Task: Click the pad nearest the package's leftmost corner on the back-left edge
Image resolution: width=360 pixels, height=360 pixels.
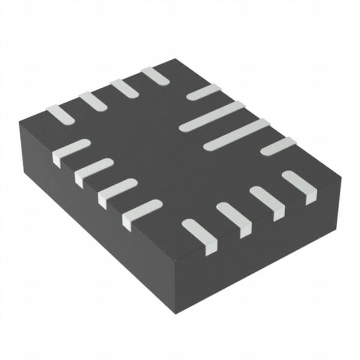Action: (x=60, y=114)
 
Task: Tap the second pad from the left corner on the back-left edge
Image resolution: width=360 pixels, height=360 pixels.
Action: (x=92, y=101)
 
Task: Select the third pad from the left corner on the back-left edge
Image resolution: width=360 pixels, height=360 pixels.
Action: (x=124, y=88)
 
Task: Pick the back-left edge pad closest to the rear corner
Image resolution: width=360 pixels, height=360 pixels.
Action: (x=155, y=75)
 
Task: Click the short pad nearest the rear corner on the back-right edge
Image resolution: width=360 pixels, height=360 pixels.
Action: (x=203, y=92)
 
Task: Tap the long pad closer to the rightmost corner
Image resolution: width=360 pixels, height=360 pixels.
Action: (x=236, y=134)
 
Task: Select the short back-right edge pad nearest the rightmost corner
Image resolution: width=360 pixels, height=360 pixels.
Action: (x=278, y=146)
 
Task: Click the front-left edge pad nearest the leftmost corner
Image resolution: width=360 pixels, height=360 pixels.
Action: (x=71, y=152)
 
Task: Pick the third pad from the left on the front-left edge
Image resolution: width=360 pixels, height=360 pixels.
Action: (x=118, y=192)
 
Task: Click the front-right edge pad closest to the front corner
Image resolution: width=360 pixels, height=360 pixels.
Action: (x=200, y=235)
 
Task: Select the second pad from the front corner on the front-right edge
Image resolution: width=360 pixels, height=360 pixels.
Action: (x=233, y=219)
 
